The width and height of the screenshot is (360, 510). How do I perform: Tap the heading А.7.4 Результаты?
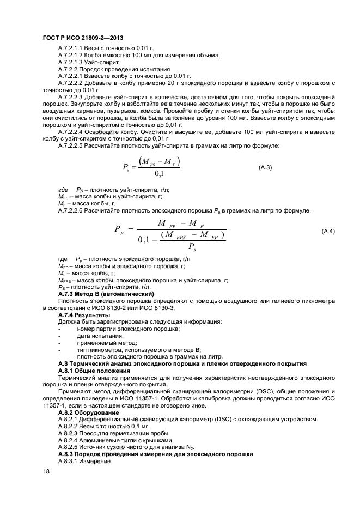coord(84,315)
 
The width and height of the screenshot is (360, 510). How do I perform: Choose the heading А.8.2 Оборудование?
coord(89,413)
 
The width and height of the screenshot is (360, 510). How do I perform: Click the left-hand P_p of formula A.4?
coord(119,229)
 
